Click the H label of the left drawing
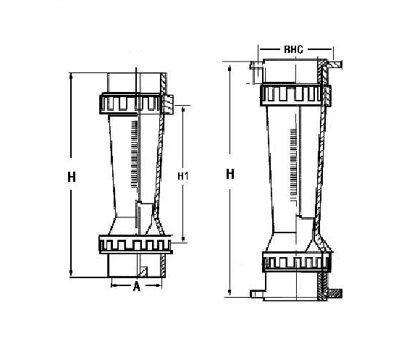pyautogui.click(x=72, y=177)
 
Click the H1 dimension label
pyautogui.click(x=183, y=176)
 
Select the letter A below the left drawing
pyautogui.click(x=136, y=286)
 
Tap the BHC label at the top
pyautogui.click(x=293, y=49)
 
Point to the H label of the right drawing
pyautogui.click(x=230, y=175)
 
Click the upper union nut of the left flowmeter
pyautogui.click(x=136, y=104)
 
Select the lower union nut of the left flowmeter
pyautogui.click(x=135, y=245)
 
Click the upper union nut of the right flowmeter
pyautogui.click(x=295, y=95)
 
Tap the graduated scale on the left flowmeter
pyautogui.click(x=135, y=154)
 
